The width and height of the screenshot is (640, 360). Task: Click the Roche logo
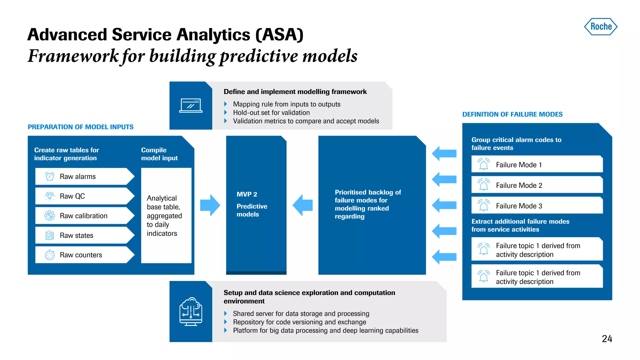coord(601,27)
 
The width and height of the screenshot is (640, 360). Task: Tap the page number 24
coord(607,339)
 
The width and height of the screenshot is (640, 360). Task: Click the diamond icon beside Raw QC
coord(50,196)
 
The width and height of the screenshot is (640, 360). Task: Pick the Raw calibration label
coord(83,216)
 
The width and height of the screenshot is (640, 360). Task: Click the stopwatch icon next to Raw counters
coord(50,255)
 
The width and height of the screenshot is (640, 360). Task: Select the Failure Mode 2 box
coord(537,185)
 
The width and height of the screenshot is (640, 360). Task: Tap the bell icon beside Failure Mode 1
coord(483,164)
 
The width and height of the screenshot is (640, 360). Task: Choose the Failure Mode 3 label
coord(519,206)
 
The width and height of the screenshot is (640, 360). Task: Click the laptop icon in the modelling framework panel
coord(191,106)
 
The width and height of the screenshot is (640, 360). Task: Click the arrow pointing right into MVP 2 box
coord(210,205)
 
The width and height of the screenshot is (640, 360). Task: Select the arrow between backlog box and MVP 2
coord(302,205)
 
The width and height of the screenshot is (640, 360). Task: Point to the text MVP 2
coord(247,194)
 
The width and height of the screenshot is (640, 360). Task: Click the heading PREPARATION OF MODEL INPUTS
coord(81,127)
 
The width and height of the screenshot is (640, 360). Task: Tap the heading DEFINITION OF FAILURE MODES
coord(512,114)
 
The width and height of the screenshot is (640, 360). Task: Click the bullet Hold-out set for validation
coord(271,112)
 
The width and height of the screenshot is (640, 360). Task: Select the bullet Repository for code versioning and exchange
coord(299,322)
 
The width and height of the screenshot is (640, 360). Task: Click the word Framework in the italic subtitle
coord(73,56)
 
